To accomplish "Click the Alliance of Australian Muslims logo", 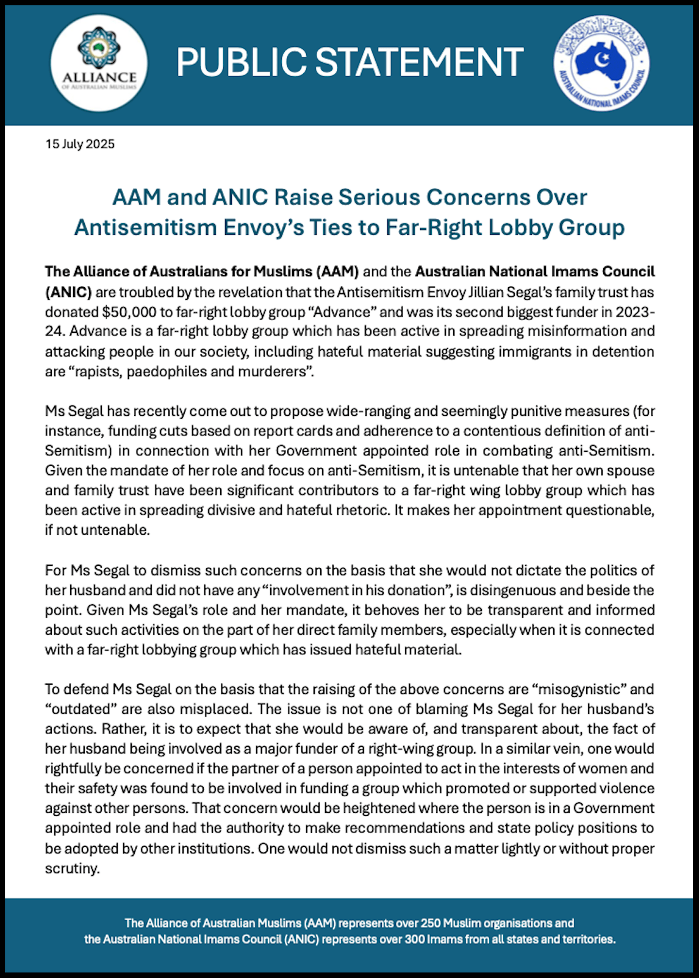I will (x=99, y=63).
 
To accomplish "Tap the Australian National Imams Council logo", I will (x=601, y=63).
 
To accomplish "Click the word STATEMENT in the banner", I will (x=419, y=62).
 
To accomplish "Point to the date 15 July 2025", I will (x=80, y=145).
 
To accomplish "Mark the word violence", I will (x=628, y=788).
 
